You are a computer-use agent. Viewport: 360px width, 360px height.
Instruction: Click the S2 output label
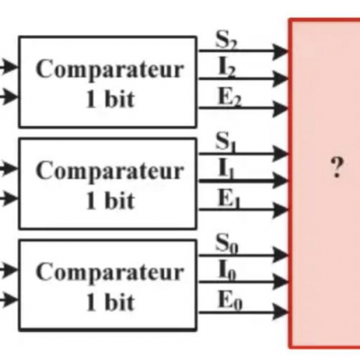227,40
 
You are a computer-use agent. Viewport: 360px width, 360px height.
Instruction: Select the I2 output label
227,67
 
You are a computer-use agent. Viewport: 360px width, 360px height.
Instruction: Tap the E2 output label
229,97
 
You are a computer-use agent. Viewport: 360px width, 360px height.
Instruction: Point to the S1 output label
226,141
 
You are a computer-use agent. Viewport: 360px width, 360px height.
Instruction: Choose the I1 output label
226,169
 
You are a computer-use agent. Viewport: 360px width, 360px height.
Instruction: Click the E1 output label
229,199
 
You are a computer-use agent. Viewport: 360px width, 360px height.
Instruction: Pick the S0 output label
227,243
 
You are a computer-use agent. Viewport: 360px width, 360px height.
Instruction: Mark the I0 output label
228,271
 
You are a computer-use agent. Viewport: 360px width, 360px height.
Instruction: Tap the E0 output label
229,301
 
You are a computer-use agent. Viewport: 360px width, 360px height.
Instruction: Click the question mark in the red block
337,167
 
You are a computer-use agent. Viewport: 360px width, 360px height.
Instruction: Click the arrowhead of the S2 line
281,51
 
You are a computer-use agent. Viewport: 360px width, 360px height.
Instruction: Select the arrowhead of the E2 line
281,109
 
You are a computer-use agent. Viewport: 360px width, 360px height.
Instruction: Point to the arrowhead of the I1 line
281,181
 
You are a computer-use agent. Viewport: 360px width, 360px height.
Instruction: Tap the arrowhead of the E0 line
281,312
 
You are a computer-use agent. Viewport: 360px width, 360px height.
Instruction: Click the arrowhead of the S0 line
281,256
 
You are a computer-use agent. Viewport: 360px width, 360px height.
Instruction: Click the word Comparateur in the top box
110,70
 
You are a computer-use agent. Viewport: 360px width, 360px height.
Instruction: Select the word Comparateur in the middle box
110,172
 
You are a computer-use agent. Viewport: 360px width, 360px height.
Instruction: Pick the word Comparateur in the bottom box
110,274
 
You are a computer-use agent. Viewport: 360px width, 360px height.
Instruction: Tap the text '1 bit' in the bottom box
110,301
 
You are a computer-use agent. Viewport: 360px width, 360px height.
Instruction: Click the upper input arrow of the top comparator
9,67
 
